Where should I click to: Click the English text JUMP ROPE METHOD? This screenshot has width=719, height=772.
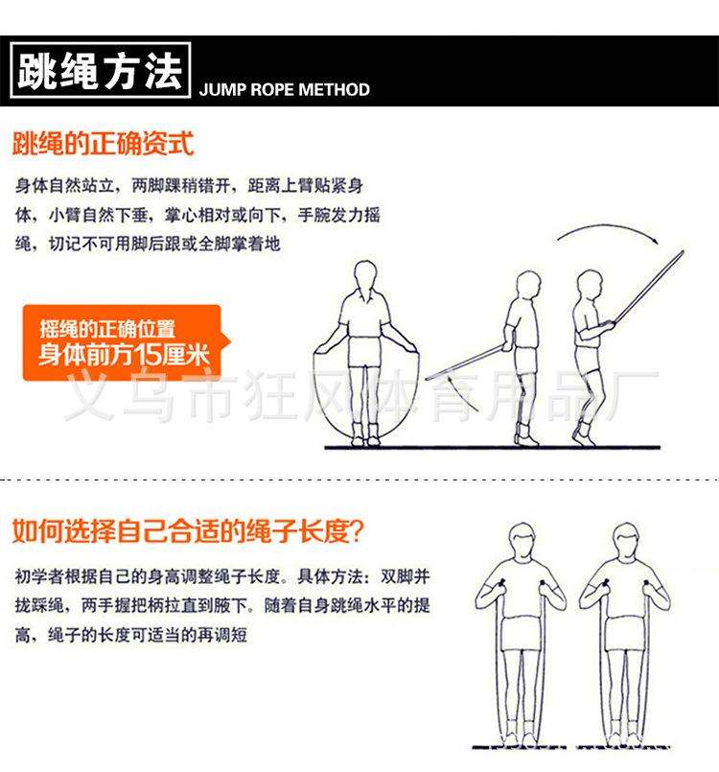point(284,90)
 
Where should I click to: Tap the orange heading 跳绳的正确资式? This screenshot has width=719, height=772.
point(103,145)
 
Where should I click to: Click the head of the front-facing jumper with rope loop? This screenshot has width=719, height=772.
point(365,276)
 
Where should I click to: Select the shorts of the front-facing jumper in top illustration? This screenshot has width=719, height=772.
point(363,351)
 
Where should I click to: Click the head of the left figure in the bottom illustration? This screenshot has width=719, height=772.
point(522,542)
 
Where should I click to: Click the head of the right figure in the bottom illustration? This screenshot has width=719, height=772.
point(625,541)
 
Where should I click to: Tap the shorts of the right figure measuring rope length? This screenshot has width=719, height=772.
point(625,634)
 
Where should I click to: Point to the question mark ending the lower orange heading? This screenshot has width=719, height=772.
point(364,530)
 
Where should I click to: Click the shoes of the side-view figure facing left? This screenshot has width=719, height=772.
point(523,436)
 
